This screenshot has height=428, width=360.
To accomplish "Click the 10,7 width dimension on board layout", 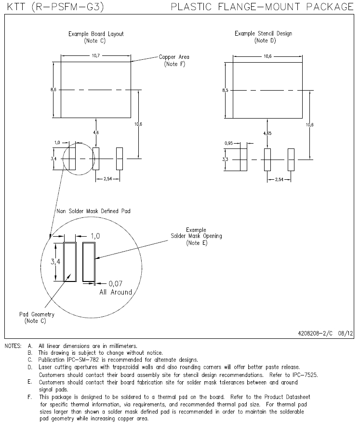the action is tap(96, 56).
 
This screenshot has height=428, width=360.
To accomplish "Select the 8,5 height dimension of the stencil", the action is tap(225, 90).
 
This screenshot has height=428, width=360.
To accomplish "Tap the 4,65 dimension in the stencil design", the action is tap(267, 134).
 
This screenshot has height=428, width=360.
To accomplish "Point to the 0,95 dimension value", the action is tap(229, 143).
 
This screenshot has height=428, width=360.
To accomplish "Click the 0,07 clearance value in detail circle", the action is tap(116, 283).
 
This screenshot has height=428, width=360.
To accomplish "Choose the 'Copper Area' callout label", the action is tap(174, 57).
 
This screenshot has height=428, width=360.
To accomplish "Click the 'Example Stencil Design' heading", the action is tap(264, 34).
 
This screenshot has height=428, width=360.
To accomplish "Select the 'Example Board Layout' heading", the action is tap(96, 34).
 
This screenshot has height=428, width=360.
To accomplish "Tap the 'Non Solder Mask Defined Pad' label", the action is tap(93, 211).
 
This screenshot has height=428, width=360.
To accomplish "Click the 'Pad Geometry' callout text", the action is tap(37, 314).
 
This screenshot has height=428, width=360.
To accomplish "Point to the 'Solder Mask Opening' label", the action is tap(196, 236).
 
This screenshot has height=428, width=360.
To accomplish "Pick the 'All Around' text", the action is tap(116, 292).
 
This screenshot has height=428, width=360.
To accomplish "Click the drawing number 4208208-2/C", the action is tap(315, 333).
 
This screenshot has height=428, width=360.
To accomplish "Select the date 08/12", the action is tap(346, 333).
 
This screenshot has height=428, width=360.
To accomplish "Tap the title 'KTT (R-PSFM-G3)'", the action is tap(55, 7).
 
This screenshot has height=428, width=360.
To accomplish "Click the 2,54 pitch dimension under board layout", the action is tap(108, 179).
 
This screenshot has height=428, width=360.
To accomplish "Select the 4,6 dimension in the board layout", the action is tap(96, 133).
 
